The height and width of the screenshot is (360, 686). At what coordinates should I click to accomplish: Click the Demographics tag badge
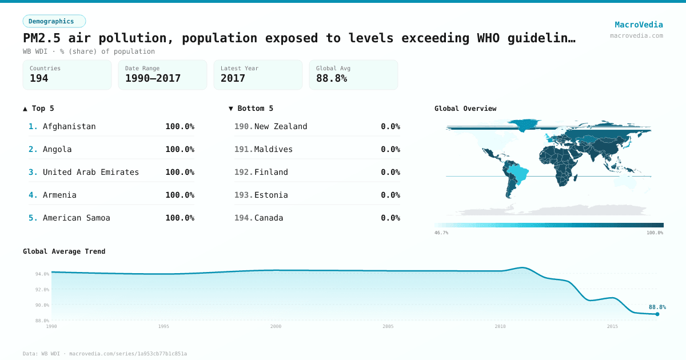(x=54, y=21)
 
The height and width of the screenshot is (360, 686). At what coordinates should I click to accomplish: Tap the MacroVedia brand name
(x=639, y=25)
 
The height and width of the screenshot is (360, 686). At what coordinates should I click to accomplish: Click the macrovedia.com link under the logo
(x=636, y=35)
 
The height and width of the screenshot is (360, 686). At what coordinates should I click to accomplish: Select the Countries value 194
(x=39, y=78)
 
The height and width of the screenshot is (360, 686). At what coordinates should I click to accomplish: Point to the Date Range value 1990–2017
(x=153, y=78)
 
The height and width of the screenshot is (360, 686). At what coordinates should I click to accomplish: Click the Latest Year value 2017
(x=233, y=78)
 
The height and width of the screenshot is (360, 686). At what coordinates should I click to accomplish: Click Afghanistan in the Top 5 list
(x=69, y=126)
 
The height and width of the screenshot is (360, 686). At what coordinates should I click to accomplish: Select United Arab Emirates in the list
(x=91, y=172)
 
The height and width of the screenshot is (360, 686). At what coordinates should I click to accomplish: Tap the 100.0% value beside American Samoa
(x=180, y=218)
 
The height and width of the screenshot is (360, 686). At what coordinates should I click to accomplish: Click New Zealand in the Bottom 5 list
(x=281, y=126)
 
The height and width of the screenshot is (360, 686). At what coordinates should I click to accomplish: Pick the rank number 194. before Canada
(x=244, y=218)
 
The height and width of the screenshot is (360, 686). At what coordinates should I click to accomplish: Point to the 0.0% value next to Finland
(x=390, y=172)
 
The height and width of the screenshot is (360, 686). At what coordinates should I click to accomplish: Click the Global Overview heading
(x=465, y=109)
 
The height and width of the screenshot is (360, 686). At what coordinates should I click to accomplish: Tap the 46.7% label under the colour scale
(x=441, y=233)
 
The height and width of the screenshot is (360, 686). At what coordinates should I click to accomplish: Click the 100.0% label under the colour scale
(x=655, y=233)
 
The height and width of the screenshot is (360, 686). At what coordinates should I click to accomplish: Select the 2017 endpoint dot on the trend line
(x=657, y=314)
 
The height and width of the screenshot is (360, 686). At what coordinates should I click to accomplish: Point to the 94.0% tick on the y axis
(x=42, y=274)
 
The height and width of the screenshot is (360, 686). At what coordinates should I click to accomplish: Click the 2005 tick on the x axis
(x=388, y=326)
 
